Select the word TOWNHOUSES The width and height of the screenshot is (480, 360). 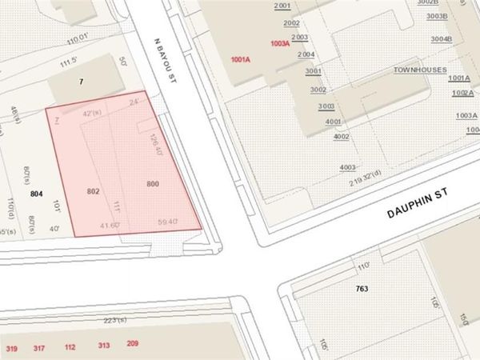(x=418, y=70)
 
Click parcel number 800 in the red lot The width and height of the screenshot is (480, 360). (x=153, y=184)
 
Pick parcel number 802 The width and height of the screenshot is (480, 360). (x=93, y=192)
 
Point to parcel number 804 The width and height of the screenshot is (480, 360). (x=36, y=194)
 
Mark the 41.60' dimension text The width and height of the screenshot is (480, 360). (x=110, y=225)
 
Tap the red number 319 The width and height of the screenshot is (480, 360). (x=12, y=349)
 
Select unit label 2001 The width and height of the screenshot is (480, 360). (x=282, y=6)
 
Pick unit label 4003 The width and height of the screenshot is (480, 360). (x=347, y=166)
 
